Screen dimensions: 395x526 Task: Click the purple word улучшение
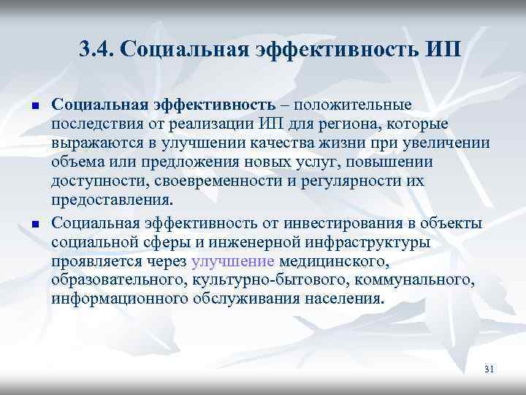(x=232, y=261)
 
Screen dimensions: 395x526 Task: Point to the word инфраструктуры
(x=370, y=242)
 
